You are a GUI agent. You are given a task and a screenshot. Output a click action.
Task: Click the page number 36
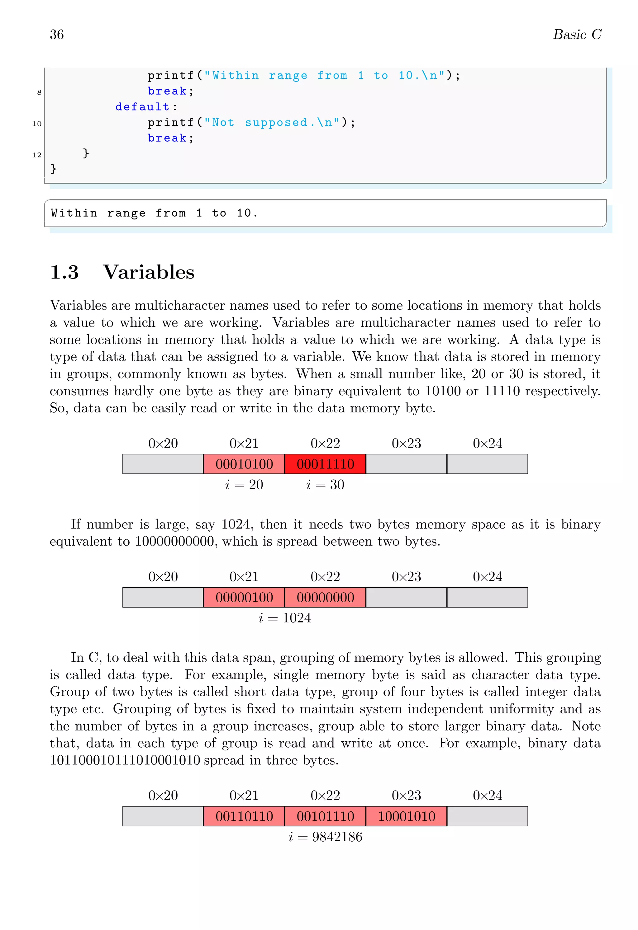pos(56,35)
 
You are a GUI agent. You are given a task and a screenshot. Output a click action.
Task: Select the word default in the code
pos(142,107)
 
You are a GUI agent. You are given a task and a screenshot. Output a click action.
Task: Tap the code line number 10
pos(37,124)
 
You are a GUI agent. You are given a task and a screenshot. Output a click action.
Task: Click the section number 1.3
pos(64,273)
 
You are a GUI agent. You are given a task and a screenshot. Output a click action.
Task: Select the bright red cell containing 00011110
pos(325,464)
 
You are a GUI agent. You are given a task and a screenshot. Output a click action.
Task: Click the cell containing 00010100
pos(244,464)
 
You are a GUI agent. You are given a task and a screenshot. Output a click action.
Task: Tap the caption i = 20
pos(244,485)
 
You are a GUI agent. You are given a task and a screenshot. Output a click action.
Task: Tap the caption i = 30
pos(325,485)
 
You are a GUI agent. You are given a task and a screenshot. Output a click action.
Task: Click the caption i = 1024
pos(285,618)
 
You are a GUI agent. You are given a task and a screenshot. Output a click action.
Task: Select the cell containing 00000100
pos(244,598)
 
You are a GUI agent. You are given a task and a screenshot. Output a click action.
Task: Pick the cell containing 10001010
pos(406,816)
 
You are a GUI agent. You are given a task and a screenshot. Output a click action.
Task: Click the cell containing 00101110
pos(325,816)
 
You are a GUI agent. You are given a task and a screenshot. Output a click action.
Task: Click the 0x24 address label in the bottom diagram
pos(487,796)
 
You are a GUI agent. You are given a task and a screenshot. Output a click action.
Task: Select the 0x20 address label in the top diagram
pos(163,444)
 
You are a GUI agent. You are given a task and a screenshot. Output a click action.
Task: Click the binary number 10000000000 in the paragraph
pos(175,542)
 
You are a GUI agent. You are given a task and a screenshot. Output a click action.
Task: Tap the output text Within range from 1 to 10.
pos(154,213)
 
